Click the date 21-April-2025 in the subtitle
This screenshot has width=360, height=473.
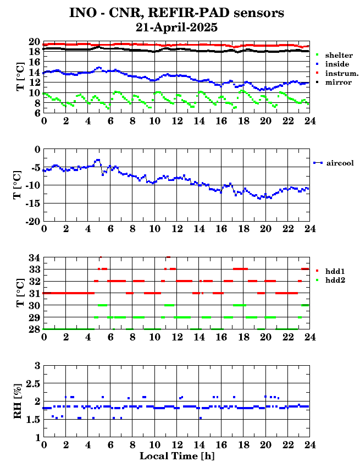[176, 28]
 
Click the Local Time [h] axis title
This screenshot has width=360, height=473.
[177, 456]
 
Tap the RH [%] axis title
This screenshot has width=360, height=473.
[18, 401]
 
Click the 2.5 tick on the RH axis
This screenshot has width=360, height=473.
[32, 383]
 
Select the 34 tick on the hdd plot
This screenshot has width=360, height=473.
[35, 257]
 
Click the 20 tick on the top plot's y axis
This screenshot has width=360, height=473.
[35, 42]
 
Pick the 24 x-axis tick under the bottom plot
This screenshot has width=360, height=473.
[309, 444]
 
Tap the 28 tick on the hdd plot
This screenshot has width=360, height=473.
[35, 329]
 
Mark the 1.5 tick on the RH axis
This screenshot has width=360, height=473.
[32, 419]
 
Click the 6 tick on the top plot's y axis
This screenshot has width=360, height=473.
[37, 113]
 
